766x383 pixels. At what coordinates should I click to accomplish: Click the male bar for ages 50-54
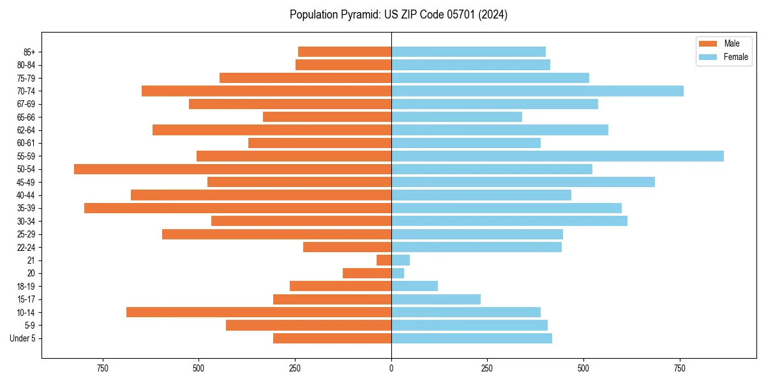(x=232, y=169)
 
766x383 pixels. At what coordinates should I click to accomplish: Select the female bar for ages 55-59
(x=557, y=156)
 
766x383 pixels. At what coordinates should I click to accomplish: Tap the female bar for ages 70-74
(x=537, y=91)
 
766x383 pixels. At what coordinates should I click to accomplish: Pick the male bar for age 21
(x=384, y=260)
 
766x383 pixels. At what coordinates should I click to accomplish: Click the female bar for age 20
(x=398, y=273)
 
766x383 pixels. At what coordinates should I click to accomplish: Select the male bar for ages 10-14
(x=259, y=312)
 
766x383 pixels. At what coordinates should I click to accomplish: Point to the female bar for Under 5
(x=471, y=338)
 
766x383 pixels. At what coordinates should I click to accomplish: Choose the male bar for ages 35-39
(x=237, y=208)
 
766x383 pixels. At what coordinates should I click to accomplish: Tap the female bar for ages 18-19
(x=414, y=286)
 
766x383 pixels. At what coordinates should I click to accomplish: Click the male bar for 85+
(x=345, y=52)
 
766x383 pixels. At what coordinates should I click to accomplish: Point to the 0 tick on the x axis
(x=391, y=368)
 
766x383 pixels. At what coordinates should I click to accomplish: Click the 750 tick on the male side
(x=103, y=368)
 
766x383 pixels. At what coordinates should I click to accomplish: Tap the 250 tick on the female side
(x=487, y=368)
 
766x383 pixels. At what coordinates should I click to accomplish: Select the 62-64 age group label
(x=26, y=130)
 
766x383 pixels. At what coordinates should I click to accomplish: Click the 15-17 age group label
(x=26, y=299)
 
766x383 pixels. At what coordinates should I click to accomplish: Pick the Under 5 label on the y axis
(x=22, y=338)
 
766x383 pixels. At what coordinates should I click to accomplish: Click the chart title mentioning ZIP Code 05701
(x=398, y=15)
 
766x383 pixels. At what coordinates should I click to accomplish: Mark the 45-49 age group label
(x=26, y=182)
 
